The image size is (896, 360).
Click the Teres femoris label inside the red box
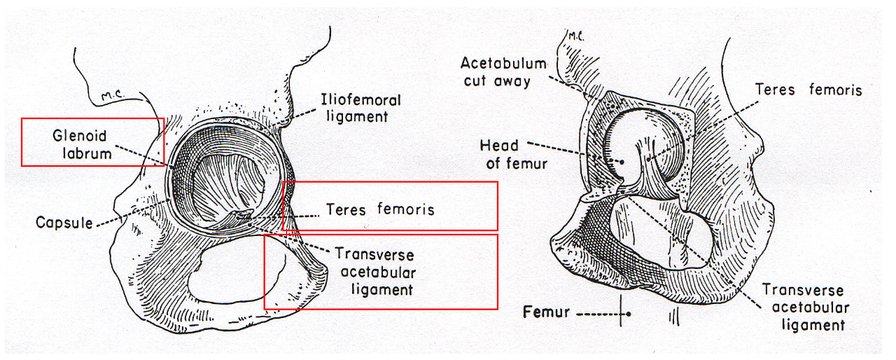[380, 209]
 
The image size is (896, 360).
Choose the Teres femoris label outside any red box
[808, 90]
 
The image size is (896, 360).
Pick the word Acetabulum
[503, 63]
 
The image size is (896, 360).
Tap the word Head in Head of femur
[499, 145]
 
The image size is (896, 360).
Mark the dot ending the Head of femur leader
[619, 162]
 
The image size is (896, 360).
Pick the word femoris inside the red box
[405, 209]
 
